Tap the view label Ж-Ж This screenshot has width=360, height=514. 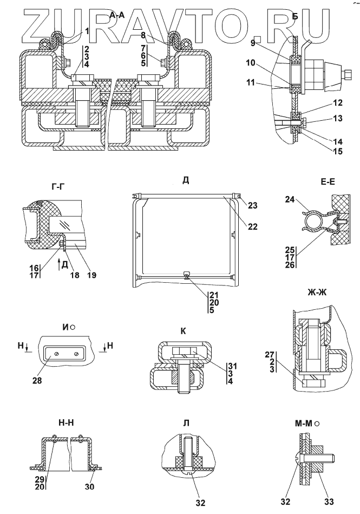(x=317, y=292)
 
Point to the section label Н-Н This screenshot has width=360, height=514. (x=66, y=423)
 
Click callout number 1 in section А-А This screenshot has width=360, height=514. (x=87, y=31)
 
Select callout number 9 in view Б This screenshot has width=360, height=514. (x=253, y=43)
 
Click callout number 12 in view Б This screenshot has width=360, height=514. (x=338, y=102)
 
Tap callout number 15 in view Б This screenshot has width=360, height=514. (x=338, y=151)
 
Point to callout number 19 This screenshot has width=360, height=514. (x=92, y=275)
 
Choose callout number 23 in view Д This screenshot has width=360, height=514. (x=253, y=205)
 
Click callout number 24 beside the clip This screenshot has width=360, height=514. (x=290, y=199)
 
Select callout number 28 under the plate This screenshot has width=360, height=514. (x=37, y=381)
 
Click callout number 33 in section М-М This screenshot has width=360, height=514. (x=329, y=502)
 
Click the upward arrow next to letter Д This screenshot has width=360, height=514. (x=58, y=264)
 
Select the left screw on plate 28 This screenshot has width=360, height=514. (x=56, y=353)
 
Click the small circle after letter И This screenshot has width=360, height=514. (x=73, y=327)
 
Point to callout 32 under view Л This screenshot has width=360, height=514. (x=200, y=502)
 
